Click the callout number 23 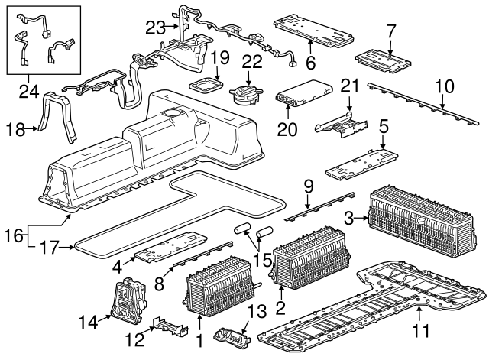click(x=156, y=28)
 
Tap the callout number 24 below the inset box click(x=29, y=91)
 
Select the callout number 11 click(x=421, y=330)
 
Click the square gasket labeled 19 click(x=207, y=85)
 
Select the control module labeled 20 click(x=303, y=93)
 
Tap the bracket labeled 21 click(x=342, y=124)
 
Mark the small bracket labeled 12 click(x=170, y=326)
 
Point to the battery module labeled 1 click(x=219, y=287)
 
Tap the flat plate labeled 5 click(x=361, y=164)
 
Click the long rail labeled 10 click(x=423, y=104)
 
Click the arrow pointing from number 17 click(x=67, y=248)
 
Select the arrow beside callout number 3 click(x=361, y=219)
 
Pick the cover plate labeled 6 click(x=314, y=29)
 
